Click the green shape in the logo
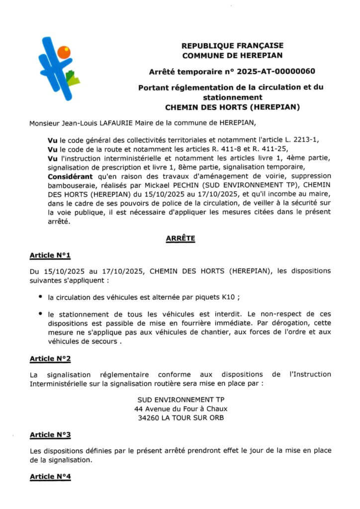point(73,79)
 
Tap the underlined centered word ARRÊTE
point(180,239)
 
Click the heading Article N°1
point(50,255)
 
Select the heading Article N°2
point(50,358)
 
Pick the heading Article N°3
point(50,434)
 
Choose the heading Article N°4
point(50,477)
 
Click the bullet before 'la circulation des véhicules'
point(40,297)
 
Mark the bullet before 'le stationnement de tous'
point(40,315)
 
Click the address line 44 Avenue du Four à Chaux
point(180,409)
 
